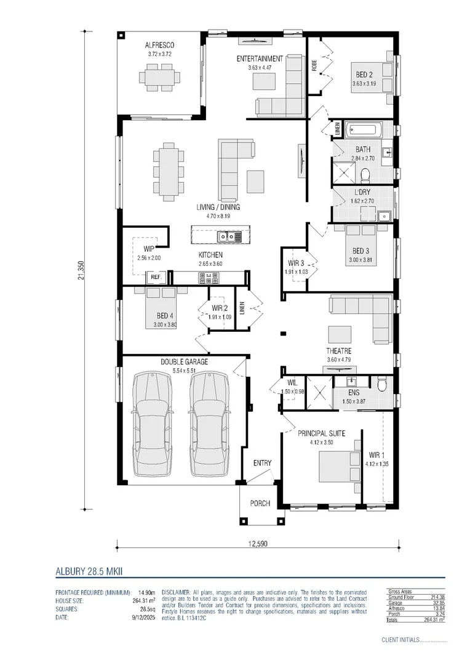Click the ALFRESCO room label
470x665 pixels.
pos(160,45)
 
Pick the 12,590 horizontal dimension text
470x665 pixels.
pos(257,544)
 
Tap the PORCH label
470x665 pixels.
pos(260,504)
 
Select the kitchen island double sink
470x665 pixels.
pos(225,236)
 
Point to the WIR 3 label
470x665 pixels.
pos(295,263)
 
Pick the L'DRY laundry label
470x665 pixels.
pos(362,192)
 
